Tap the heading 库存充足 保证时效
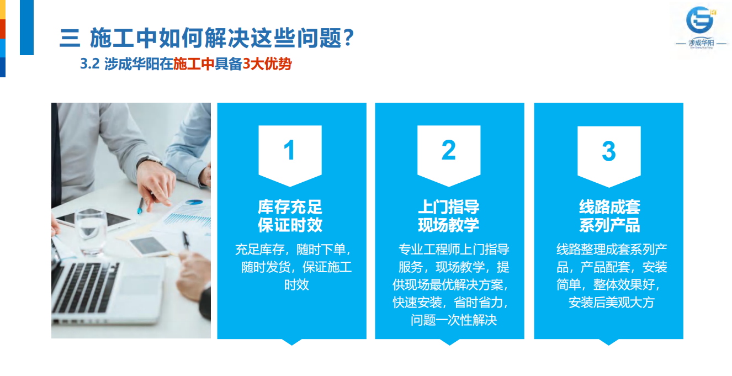point(290,216)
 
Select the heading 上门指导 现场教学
point(449,216)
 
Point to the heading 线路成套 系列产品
point(609,216)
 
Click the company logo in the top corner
point(701,28)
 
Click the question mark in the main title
point(349,38)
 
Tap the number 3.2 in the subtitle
point(89,63)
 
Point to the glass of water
point(91,231)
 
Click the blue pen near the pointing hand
point(141,206)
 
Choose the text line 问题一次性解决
point(454,320)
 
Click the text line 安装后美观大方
point(612,303)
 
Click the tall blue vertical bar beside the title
point(27,28)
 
